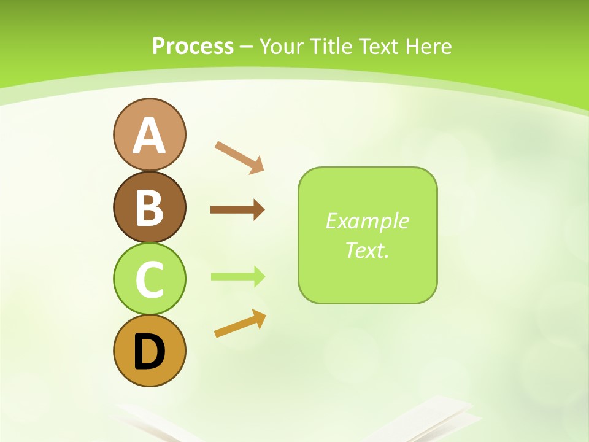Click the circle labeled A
point(149,134)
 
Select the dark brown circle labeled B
point(149,207)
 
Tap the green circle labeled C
point(149,279)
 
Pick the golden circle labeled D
point(149,351)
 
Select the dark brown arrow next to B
point(237,210)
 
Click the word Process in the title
point(193,46)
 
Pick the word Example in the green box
point(367,221)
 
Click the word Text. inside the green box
point(367,250)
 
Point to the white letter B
point(149,207)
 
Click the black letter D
point(149,352)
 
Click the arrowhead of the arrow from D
point(259,318)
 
